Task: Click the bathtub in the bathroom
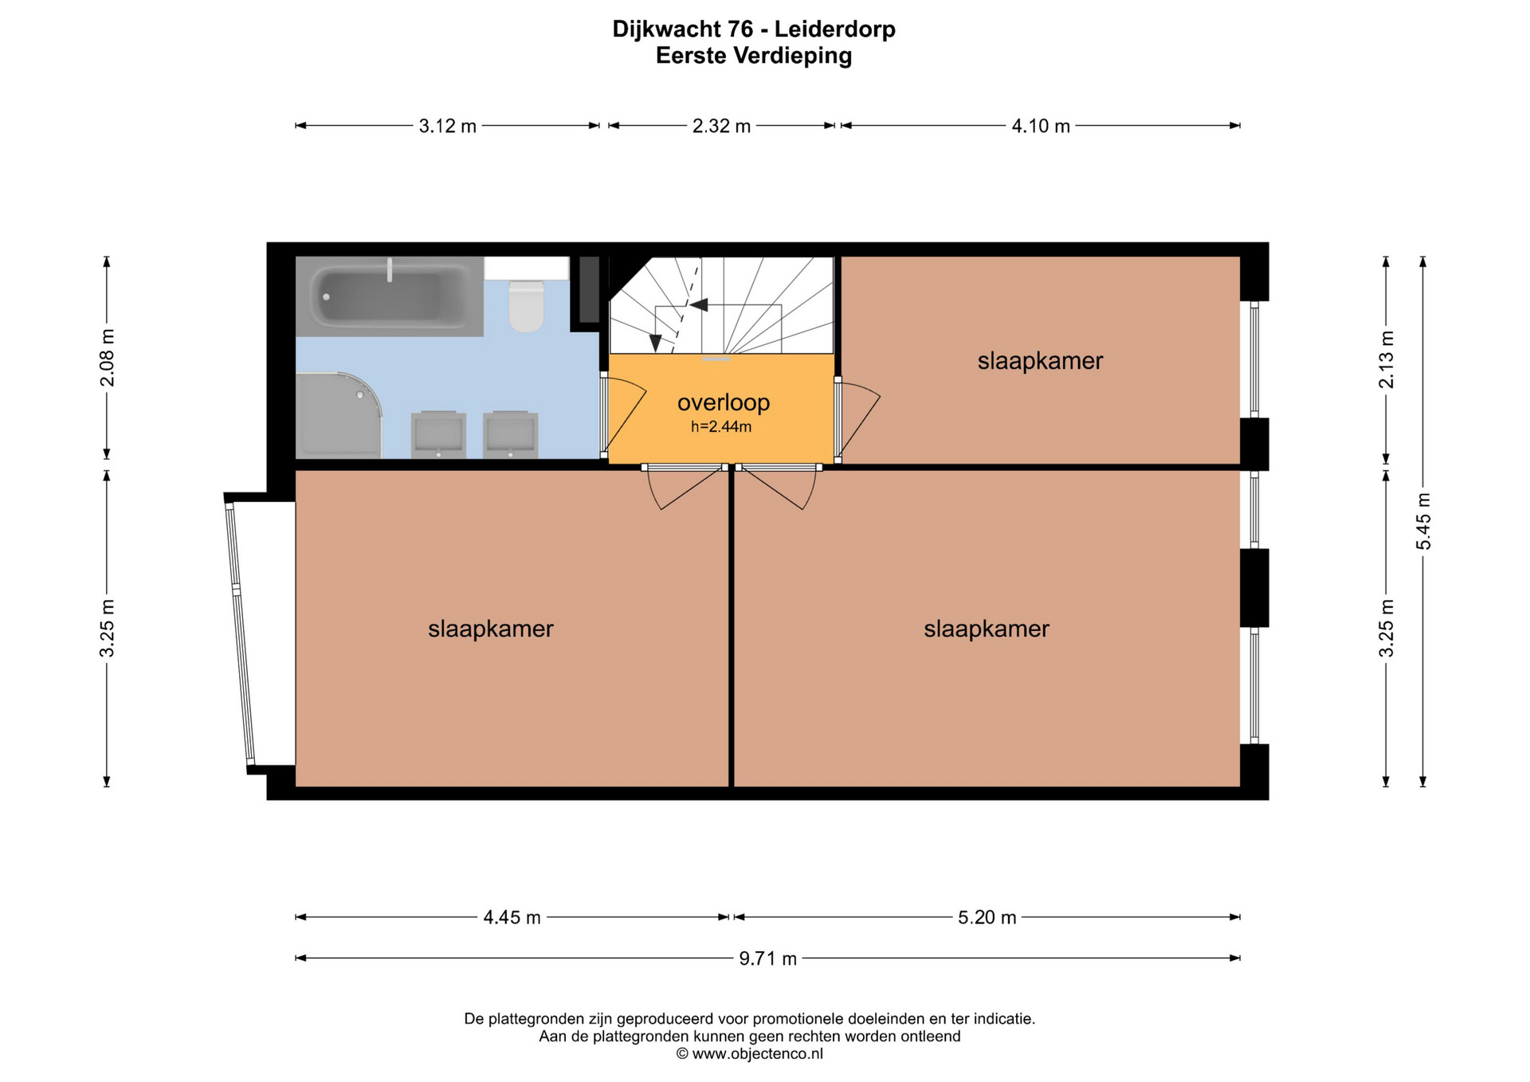[389, 296]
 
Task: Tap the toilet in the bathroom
[526, 305]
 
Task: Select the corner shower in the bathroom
[339, 415]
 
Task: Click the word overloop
[724, 402]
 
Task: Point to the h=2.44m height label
[721, 427]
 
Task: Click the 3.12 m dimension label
[448, 126]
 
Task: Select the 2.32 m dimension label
[722, 126]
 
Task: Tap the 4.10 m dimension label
[1041, 126]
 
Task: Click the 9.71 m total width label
[767, 959]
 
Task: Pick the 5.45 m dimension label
[1423, 522]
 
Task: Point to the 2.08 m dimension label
[107, 358]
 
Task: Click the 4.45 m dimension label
[512, 918]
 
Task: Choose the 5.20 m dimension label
[987, 918]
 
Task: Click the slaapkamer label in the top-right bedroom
[1040, 361]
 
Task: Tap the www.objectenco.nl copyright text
[750, 1054]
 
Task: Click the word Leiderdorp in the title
[835, 29]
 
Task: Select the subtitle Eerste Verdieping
[754, 56]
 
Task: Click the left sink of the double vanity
[438, 434]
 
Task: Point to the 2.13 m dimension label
[1387, 359]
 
